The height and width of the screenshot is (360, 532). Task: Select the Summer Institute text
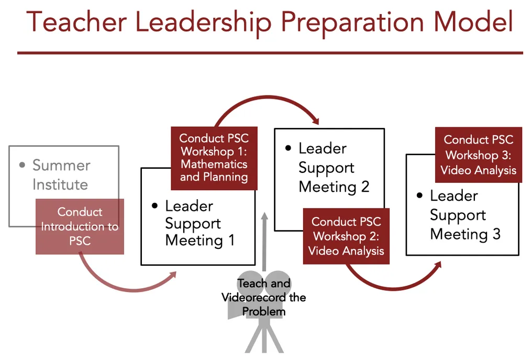[61, 175]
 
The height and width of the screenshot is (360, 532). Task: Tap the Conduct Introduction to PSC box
[80, 226]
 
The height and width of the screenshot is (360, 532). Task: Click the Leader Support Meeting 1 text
[199, 223]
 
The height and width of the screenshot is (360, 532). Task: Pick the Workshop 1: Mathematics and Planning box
[214, 158]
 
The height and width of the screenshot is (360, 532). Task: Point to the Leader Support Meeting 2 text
[334, 168]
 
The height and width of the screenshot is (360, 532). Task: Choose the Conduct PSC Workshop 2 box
[346, 236]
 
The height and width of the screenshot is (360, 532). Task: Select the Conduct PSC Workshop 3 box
[479, 155]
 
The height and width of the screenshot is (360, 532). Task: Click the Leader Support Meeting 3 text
[465, 215]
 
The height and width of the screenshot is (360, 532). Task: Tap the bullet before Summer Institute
[23, 165]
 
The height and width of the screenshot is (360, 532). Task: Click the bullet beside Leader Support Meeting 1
[154, 205]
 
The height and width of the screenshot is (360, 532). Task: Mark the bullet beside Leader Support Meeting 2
[289, 148]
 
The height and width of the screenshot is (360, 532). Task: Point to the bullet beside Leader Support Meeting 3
[420, 195]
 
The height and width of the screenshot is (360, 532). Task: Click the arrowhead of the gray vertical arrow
[264, 216]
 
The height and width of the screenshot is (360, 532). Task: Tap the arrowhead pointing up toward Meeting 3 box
[438, 265]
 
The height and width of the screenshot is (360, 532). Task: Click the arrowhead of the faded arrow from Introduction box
[173, 275]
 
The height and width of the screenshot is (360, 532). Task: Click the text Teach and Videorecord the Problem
[263, 297]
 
